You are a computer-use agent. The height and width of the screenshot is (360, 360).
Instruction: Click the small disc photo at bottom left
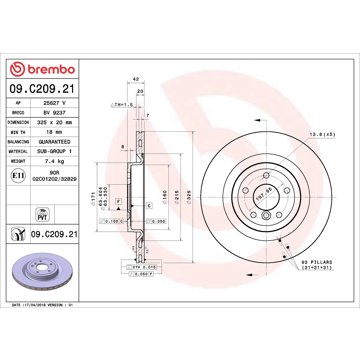47,280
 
